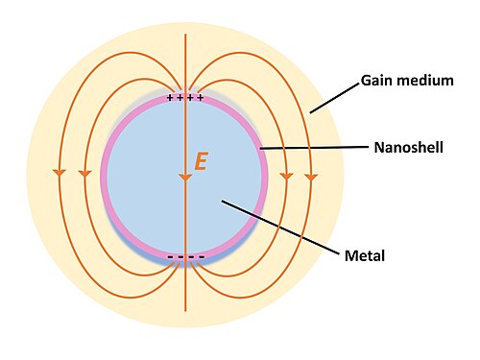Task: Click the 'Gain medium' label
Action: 407,81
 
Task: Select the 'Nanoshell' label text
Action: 409,148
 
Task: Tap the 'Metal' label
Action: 365,255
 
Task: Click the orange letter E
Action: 202,161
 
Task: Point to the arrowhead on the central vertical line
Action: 185,178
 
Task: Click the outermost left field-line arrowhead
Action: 60,172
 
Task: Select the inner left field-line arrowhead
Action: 84,174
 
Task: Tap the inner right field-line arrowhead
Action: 286,176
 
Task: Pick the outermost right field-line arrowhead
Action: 311,177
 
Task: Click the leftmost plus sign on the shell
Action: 170,98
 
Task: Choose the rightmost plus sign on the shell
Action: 201,98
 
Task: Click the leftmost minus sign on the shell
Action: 171,256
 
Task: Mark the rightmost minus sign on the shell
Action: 202,256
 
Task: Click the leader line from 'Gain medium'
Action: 335,99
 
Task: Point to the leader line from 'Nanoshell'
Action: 314,148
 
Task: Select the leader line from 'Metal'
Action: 280,228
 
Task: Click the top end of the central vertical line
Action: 185,34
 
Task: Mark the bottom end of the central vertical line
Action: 185,311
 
